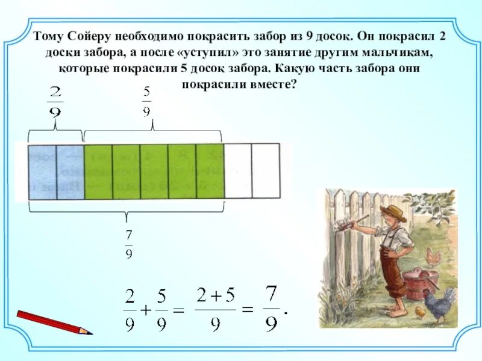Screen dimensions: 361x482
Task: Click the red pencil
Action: click(54, 322)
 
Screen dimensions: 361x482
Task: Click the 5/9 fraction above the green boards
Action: click(147, 102)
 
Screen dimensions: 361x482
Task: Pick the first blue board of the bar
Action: click(42, 171)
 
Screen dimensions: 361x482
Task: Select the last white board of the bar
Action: click(266, 171)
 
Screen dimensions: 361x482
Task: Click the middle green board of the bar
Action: click(154, 171)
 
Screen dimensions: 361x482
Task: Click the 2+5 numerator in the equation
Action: click(216, 296)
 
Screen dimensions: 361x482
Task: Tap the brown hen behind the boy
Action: click(433, 258)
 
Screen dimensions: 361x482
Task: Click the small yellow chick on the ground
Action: click(421, 312)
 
